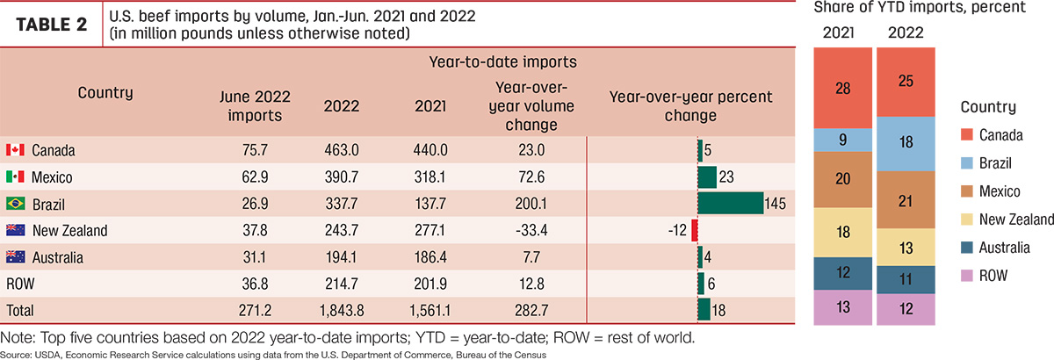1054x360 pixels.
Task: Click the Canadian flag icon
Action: coord(15,150)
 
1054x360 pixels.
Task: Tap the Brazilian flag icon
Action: coord(16,204)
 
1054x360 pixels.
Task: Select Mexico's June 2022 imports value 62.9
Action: coord(255,177)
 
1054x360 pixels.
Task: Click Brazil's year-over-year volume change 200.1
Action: coord(531,204)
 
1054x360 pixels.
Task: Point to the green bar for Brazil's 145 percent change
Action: coord(730,204)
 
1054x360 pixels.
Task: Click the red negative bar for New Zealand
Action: coord(695,231)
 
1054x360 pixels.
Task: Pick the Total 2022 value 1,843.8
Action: coord(342,311)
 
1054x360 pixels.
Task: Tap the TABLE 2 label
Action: coord(52,25)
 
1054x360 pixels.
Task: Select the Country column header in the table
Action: coord(105,93)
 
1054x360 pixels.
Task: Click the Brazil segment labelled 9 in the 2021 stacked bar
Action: coord(842,140)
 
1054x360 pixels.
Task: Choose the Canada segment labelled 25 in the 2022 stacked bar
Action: coord(906,82)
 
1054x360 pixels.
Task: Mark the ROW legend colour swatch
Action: coord(966,276)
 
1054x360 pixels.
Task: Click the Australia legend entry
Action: coord(995,248)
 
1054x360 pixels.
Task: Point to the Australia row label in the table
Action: coord(57,257)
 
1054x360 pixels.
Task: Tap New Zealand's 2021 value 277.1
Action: coord(430,231)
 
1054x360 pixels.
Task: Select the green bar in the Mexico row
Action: coord(707,177)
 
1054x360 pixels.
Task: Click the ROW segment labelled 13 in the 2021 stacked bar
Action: coord(842,307)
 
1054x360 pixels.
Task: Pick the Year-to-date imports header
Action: coord(502,61)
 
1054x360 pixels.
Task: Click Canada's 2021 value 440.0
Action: coord(430,150)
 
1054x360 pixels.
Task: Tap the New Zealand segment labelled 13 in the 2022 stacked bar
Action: coord(906,248)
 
